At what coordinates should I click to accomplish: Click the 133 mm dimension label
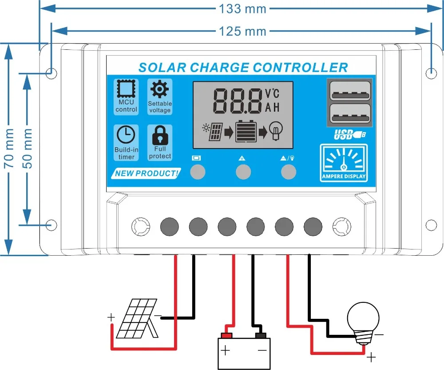(x=242, y=8)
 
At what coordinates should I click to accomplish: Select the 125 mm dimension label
(x=242, y=31)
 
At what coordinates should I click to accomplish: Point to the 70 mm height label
(x=8, y=149)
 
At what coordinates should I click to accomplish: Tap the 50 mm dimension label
(x=28, y=149)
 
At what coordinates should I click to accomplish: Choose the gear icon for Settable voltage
(x=159, y=89)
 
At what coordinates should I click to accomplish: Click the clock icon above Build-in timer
(x=126, y=135)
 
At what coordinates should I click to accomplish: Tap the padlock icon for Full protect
(x=160, y=135)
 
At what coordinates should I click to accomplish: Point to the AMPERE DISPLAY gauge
(x=344, y=163)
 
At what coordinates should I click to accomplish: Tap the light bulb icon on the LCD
(x=275, y=131)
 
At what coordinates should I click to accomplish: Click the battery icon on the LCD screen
(x=246, y=131)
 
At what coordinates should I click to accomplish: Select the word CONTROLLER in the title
(x=301, y=67)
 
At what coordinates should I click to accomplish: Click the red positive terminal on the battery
(x=227, y=334)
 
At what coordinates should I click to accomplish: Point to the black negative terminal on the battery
(x=260, y=334)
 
